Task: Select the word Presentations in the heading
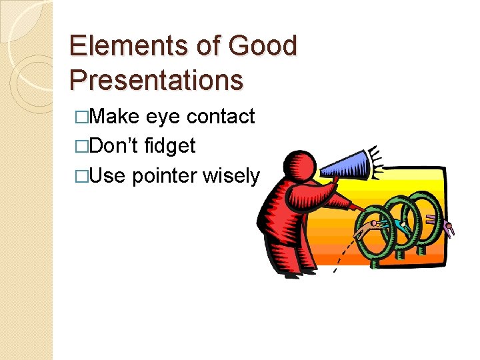157,79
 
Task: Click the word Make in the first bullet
114,117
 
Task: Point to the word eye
163,118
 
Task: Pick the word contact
221,117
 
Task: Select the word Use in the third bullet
107,175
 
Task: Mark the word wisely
231,177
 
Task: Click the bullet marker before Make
82,118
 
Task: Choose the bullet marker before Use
82,177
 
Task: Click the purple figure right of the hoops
449,229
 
